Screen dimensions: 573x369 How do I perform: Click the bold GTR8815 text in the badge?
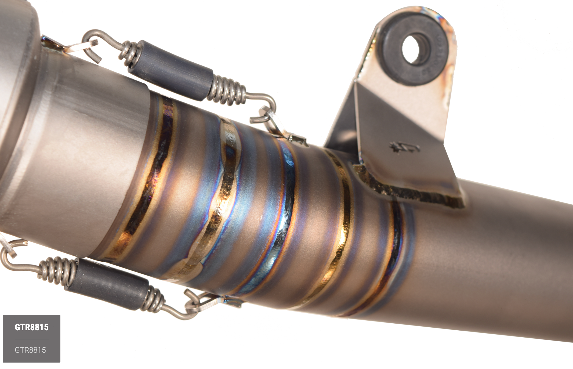coord(32,327)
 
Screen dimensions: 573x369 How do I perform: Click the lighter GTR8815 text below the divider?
coord(30,350)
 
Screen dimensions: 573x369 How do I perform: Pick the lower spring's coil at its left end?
coord(56,270)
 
